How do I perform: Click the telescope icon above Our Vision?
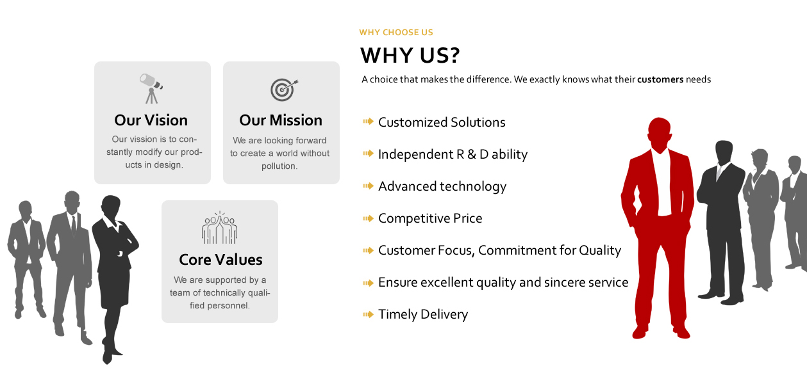point(151,88)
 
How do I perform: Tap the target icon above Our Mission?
point(284,90)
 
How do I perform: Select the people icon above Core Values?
point(219,228)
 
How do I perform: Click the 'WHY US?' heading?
point(410,56)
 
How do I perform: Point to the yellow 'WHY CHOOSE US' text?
point(396,33)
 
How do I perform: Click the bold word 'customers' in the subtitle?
point(660,79)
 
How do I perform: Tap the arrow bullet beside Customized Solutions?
point(368,121)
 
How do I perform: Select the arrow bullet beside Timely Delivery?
point(368,314)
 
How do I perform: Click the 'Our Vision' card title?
point(151,120)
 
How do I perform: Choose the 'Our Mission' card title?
point(281,120)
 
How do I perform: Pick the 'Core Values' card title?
point(220,260)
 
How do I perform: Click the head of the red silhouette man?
point(660,133)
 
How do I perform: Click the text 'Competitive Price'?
point(430,218)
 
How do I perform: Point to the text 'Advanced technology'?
point(442,187)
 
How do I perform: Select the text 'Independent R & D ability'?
point(453,154)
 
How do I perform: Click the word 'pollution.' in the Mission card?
point(279,166)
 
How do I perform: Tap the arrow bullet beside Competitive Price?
point(368,218)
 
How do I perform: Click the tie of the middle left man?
point(74,225)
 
